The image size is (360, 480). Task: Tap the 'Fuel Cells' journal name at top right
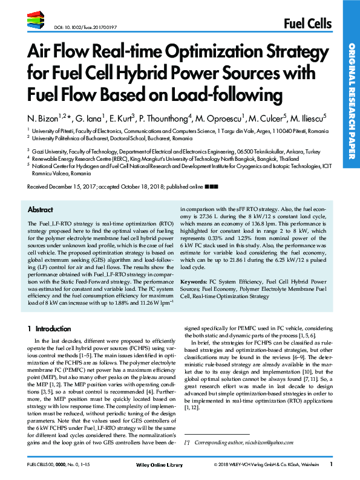307,24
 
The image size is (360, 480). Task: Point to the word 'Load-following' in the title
238,95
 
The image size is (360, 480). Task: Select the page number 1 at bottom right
331,464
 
